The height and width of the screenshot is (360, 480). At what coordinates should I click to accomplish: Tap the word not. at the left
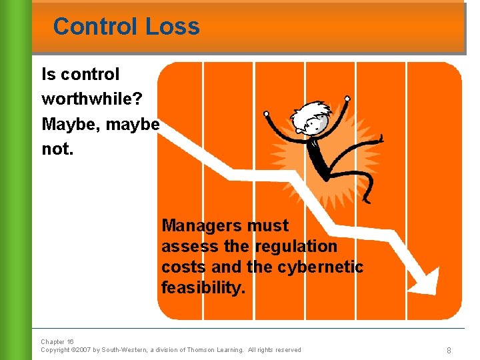coord(57,149)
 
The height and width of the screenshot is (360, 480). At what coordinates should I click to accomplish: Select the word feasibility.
coord(203,287)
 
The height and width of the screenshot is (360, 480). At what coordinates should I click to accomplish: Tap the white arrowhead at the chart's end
coord(423,280)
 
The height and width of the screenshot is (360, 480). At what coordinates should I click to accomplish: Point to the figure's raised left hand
coord(267,114)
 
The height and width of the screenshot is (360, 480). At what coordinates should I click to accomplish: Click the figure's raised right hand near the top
coord(347,98)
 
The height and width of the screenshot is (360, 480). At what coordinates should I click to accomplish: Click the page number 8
coord(449,349)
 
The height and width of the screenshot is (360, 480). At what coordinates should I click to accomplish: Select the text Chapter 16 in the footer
coord(57,341)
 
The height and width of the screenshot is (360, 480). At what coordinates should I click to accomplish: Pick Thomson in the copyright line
coord(202,350)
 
